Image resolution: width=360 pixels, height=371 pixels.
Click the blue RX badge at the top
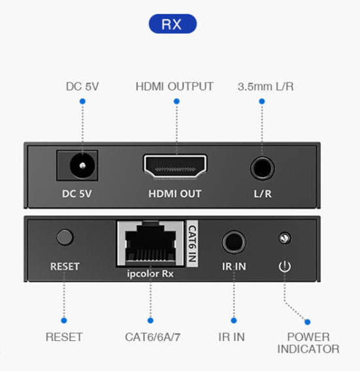click(172, 24)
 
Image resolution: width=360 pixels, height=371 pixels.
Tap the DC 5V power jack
click(81, 167)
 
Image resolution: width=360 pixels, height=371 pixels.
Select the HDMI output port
click(175, 167)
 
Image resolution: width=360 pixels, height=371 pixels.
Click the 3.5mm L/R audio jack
click(262, 167)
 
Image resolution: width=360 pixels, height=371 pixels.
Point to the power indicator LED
click(284, 238)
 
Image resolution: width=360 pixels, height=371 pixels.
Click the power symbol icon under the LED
click(284, 266)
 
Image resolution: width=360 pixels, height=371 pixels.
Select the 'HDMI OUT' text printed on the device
click(174, 194)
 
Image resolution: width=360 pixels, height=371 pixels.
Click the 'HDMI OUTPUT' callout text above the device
click(174, 86)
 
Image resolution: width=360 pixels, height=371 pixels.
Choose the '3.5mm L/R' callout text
click(262, 86)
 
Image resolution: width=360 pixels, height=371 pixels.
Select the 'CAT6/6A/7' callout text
click(150, 337)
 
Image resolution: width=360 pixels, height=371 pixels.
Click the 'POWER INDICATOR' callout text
click(308, 343)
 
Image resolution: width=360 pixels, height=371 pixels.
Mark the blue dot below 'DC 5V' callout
click(82, 101)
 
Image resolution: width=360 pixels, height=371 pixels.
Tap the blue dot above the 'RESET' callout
click(64, 321)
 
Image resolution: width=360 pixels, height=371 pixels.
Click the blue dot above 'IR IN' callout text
click(233, 321)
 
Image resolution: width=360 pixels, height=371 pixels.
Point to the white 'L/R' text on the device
click(262, 194)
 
